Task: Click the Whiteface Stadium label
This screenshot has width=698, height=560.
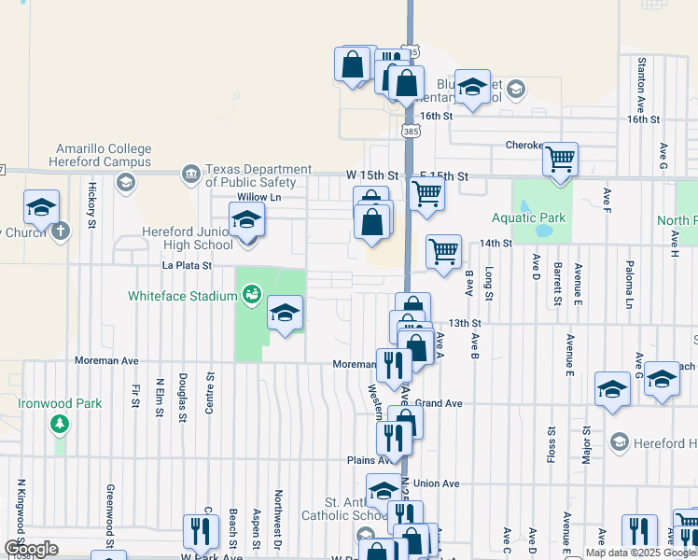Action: pos(183,297)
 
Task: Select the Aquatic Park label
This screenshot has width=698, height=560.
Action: pos(529,217)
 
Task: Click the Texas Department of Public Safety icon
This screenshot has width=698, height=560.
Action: pos(190,174)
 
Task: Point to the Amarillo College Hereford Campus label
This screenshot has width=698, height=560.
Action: pos(103,155)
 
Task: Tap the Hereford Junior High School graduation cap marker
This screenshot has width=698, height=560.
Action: pos(247,221)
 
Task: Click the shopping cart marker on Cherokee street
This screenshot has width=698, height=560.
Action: pos(560,161)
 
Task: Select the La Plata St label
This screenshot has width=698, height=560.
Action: pos(187,266)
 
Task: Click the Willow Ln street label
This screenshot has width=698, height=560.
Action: pos(258,198)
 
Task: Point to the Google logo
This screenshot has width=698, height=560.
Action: pos(31,549)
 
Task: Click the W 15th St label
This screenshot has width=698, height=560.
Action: pos(371,175)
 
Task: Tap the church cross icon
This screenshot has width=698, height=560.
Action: pos(61,231)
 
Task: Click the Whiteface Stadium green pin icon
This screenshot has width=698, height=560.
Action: pos(250,297)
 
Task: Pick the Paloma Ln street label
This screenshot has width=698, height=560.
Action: pos(630,285)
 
